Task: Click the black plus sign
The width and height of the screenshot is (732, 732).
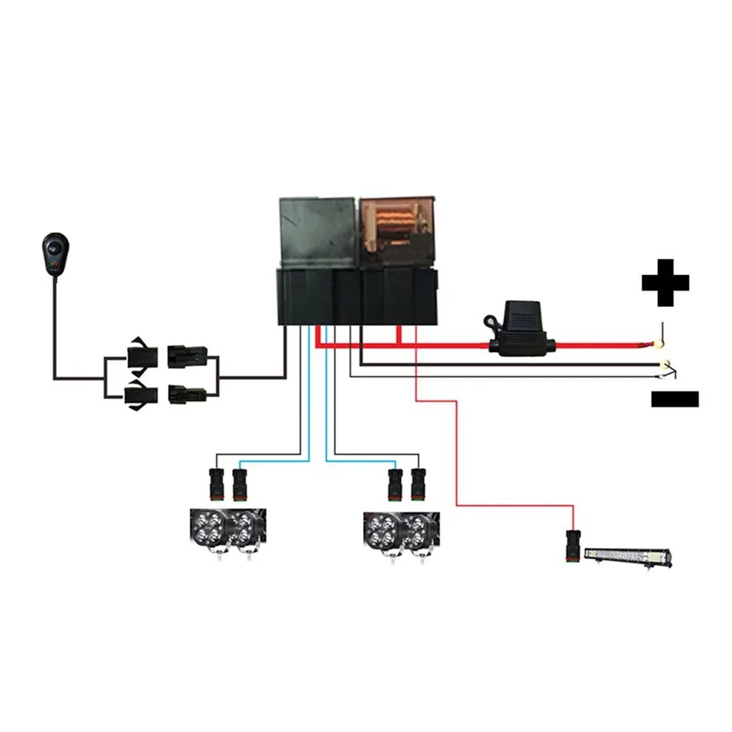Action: (x=665, y=282)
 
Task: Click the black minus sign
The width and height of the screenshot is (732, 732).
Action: (x=674, y=399)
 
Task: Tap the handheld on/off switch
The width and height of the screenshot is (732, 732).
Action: (x=55, y=254)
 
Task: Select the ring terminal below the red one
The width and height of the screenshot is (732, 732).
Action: (x=665, y=365)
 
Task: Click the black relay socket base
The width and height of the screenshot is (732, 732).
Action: (x=356, y=296)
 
